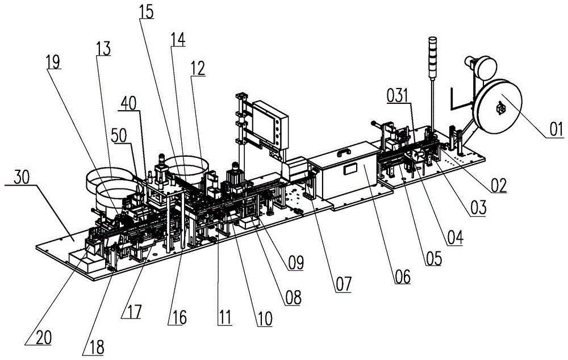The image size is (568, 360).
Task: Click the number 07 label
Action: (342, 282)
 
